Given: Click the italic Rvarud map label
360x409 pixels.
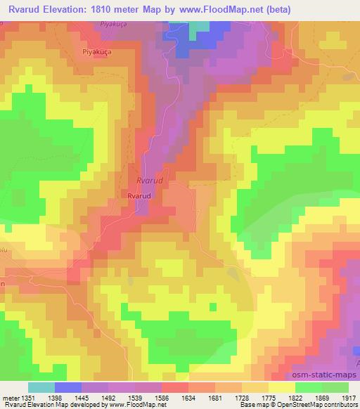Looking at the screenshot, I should (x=147, y=181).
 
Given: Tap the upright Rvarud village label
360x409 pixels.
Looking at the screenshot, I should (x=139, y=197).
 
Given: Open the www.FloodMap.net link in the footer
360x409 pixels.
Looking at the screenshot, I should (x=141, y=405).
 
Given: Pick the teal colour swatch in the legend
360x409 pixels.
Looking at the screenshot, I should (x=41, y=387).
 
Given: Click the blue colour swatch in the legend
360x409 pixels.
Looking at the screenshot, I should (x=68, y=387).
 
